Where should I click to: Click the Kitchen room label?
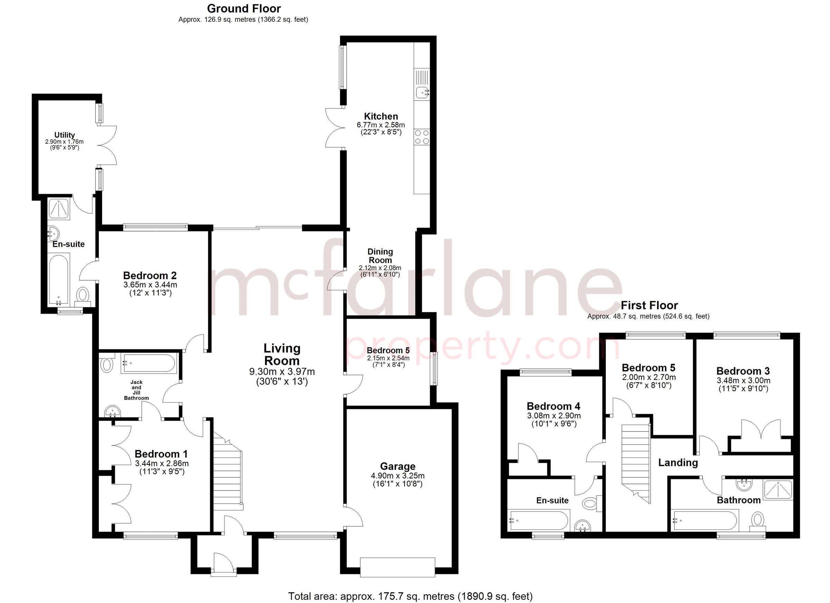381,116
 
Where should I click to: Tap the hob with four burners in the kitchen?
422,137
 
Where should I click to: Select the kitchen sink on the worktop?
422,92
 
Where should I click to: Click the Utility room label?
64,135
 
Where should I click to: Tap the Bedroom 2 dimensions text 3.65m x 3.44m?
150,284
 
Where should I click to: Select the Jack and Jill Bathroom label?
136,390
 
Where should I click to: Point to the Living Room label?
282,354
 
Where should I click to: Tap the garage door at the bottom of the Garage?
397,567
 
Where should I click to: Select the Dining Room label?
380,256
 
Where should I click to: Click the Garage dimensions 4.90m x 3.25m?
397,476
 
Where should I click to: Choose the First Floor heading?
649,305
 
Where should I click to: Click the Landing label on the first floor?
678,463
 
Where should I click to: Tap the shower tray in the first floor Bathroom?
777,490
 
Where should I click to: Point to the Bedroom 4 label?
553,406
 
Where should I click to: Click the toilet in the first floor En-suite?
590,504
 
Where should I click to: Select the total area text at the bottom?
410,596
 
